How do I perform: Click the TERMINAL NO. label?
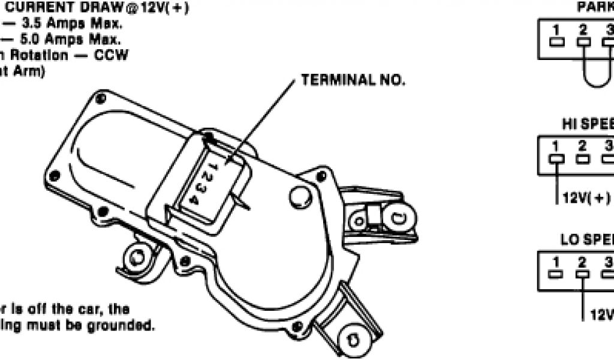point(353,80)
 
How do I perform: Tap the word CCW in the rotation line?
point(110,55)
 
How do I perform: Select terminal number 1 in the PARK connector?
point(556,30)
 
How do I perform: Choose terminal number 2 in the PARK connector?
point(582,30)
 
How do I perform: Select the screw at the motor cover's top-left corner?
point(100,98)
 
